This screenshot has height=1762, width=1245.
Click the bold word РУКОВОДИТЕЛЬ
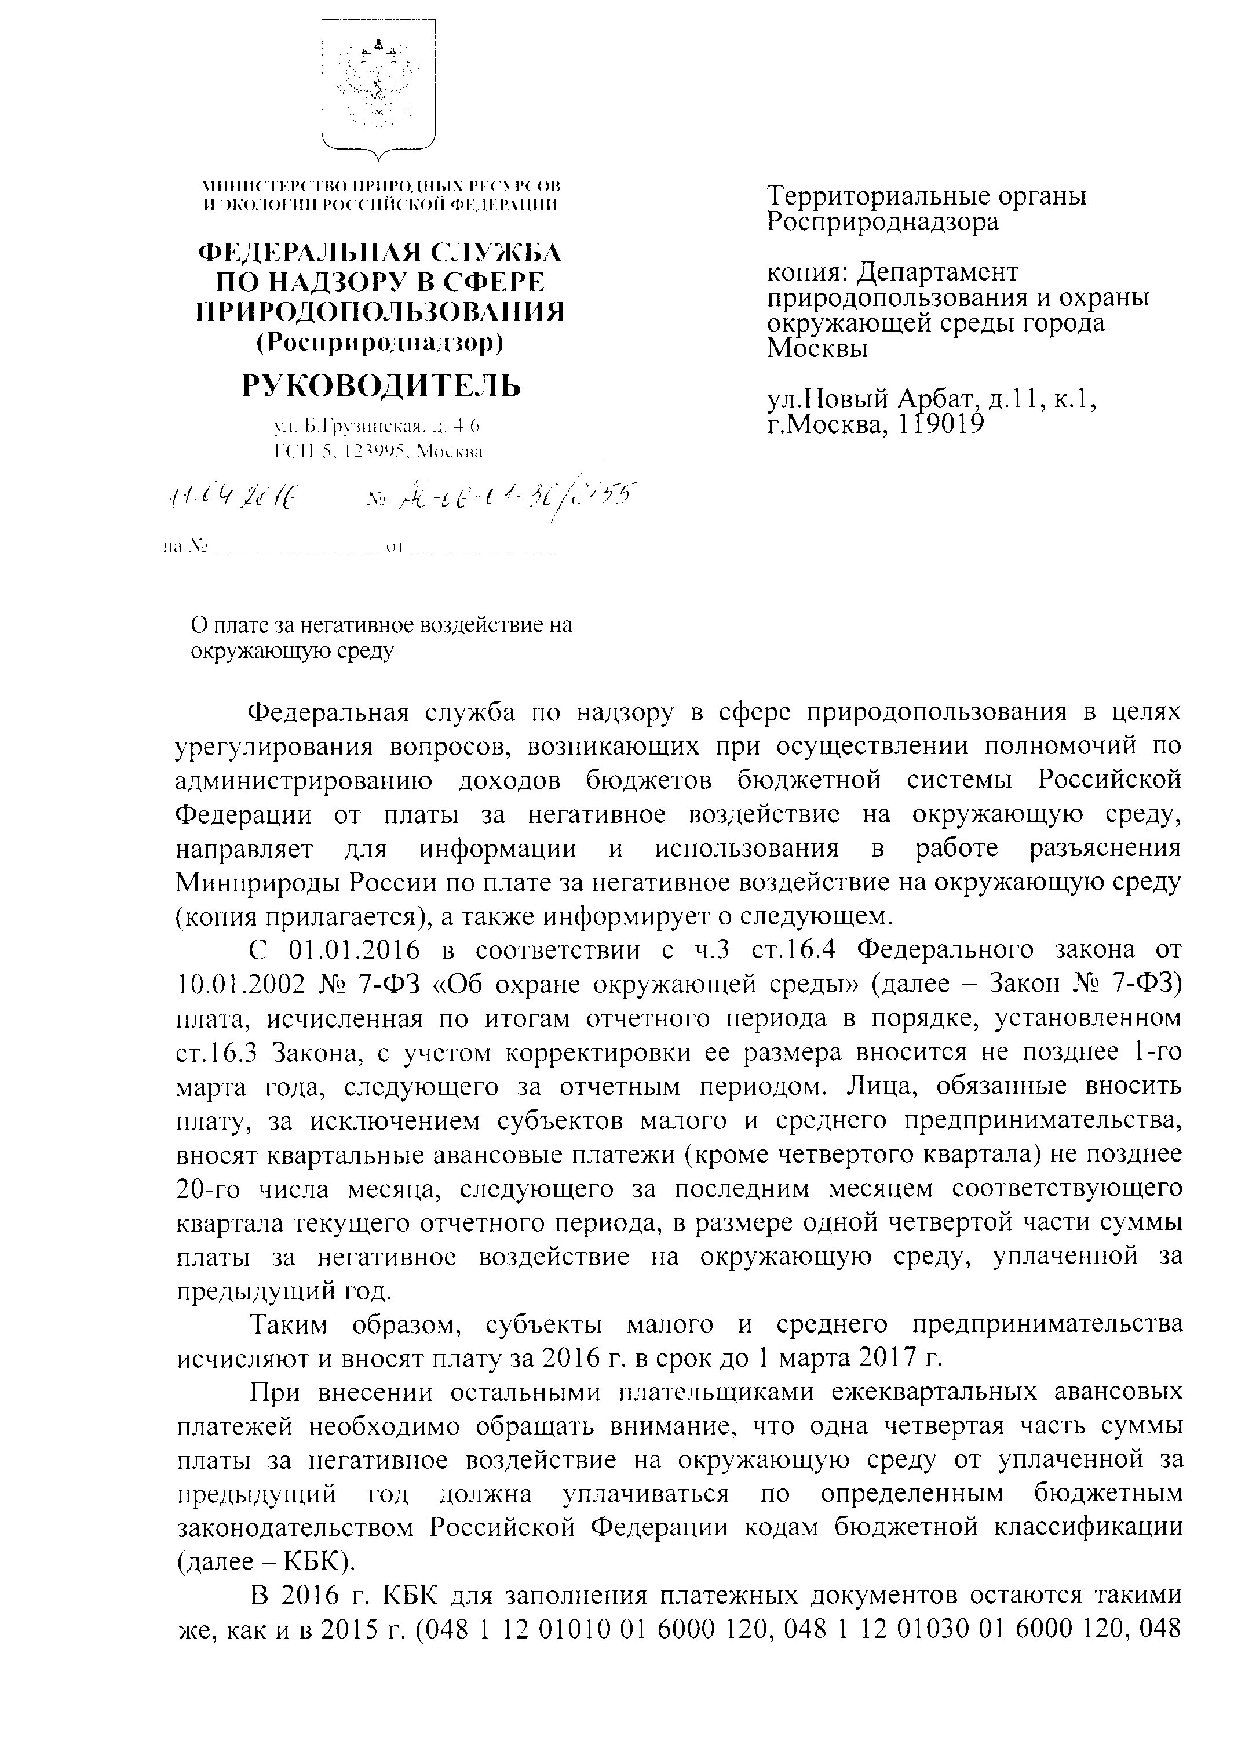point(381,386)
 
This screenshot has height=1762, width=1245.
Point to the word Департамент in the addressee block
point(937,272)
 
